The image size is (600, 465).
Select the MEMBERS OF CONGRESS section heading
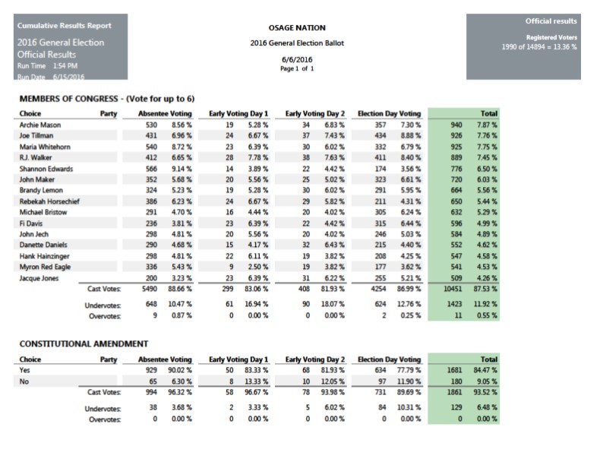point(106,100)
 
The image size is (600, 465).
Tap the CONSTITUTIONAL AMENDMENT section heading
point(83,344)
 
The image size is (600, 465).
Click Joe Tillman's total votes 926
point(456,134)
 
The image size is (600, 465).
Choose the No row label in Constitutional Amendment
point(24,381)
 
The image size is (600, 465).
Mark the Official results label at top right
point(551,21)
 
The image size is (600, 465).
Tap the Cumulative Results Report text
point(58,25)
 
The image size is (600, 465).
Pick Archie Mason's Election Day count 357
point(381,124)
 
